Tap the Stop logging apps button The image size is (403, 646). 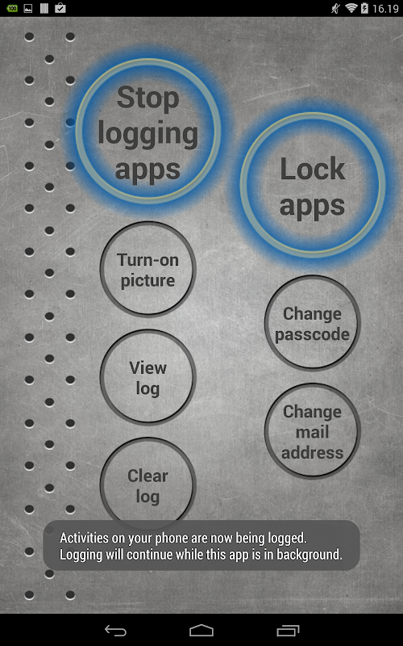tap(148, 131)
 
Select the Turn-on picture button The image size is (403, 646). tap(148, 270)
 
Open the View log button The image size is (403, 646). tap(148, 377)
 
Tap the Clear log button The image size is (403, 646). tap(148, 485)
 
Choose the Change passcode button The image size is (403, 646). tap(313, 324)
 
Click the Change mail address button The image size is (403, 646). tap(313, 431)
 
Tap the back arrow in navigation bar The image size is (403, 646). tap(115, 631)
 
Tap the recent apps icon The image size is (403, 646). tap(288, 631)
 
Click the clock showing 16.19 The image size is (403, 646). tap(385, 8)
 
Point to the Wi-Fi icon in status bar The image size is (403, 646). tap(351, 8)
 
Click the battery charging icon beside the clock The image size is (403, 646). tap(364, 8)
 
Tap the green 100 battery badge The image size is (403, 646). tap(12, 8)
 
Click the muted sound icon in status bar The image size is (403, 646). tap(335, 8)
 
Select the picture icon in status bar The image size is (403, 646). tap(28, 8)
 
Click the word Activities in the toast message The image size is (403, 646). tap(85, 538)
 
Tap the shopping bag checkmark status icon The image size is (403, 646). tap(60, 8)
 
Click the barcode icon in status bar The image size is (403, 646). tap(44, 8)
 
